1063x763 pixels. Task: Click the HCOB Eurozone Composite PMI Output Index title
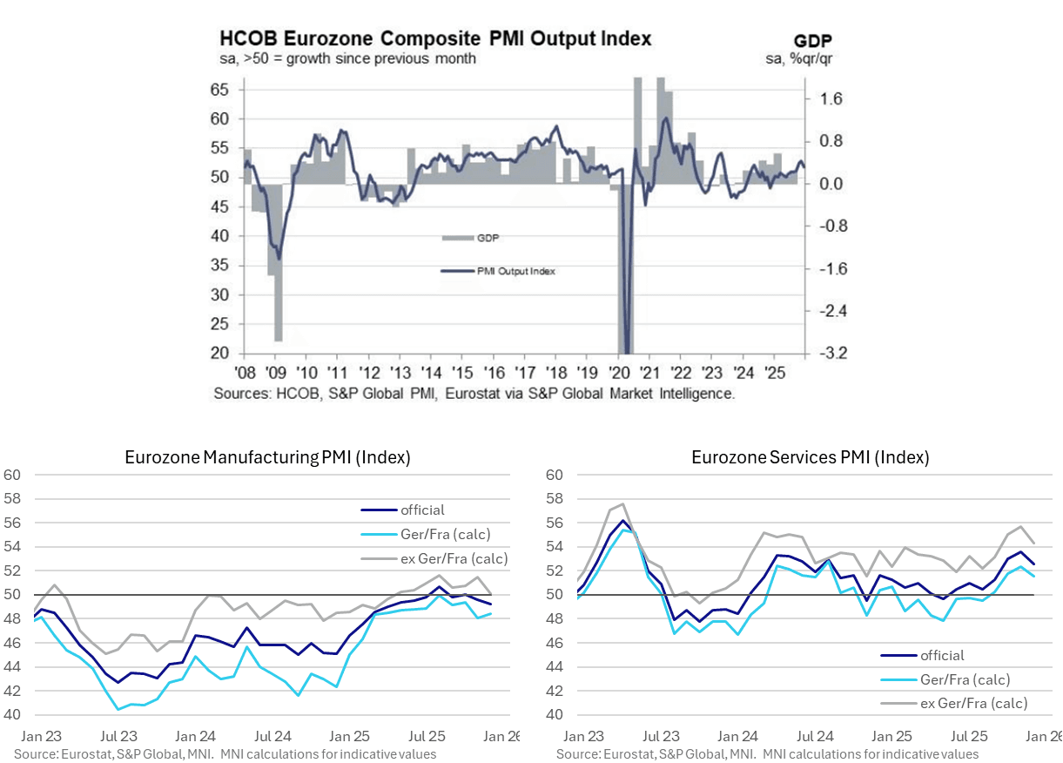click(x=434, y=39)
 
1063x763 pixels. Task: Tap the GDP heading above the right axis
click(x=813, y=41)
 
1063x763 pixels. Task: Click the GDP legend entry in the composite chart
click(x=488, y=238)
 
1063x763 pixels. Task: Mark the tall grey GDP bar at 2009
click(x=278, y=262)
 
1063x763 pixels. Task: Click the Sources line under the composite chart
click(x=475, y=394)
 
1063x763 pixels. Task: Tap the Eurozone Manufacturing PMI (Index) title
click(x=267, y=456)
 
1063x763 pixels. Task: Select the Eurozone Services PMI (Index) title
click(x=811, y=456)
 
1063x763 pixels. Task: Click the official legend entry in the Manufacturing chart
click(x=422, y=510)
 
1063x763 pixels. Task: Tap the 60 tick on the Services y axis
click(x=554, y=475)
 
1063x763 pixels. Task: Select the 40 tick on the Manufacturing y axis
click(x=12, y=714)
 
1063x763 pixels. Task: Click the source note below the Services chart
click(x=767, y=754)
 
